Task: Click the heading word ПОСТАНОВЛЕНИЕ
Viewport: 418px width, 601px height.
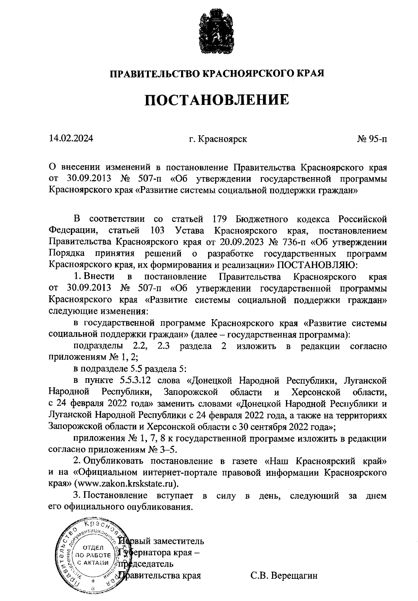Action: (x=217, y=100)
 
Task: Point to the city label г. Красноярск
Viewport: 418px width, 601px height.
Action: (x=218, y=139)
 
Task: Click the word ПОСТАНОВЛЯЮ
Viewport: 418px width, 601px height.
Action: (x=317, y=265)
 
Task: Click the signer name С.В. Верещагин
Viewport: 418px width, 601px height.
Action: (x=284, y=575)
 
